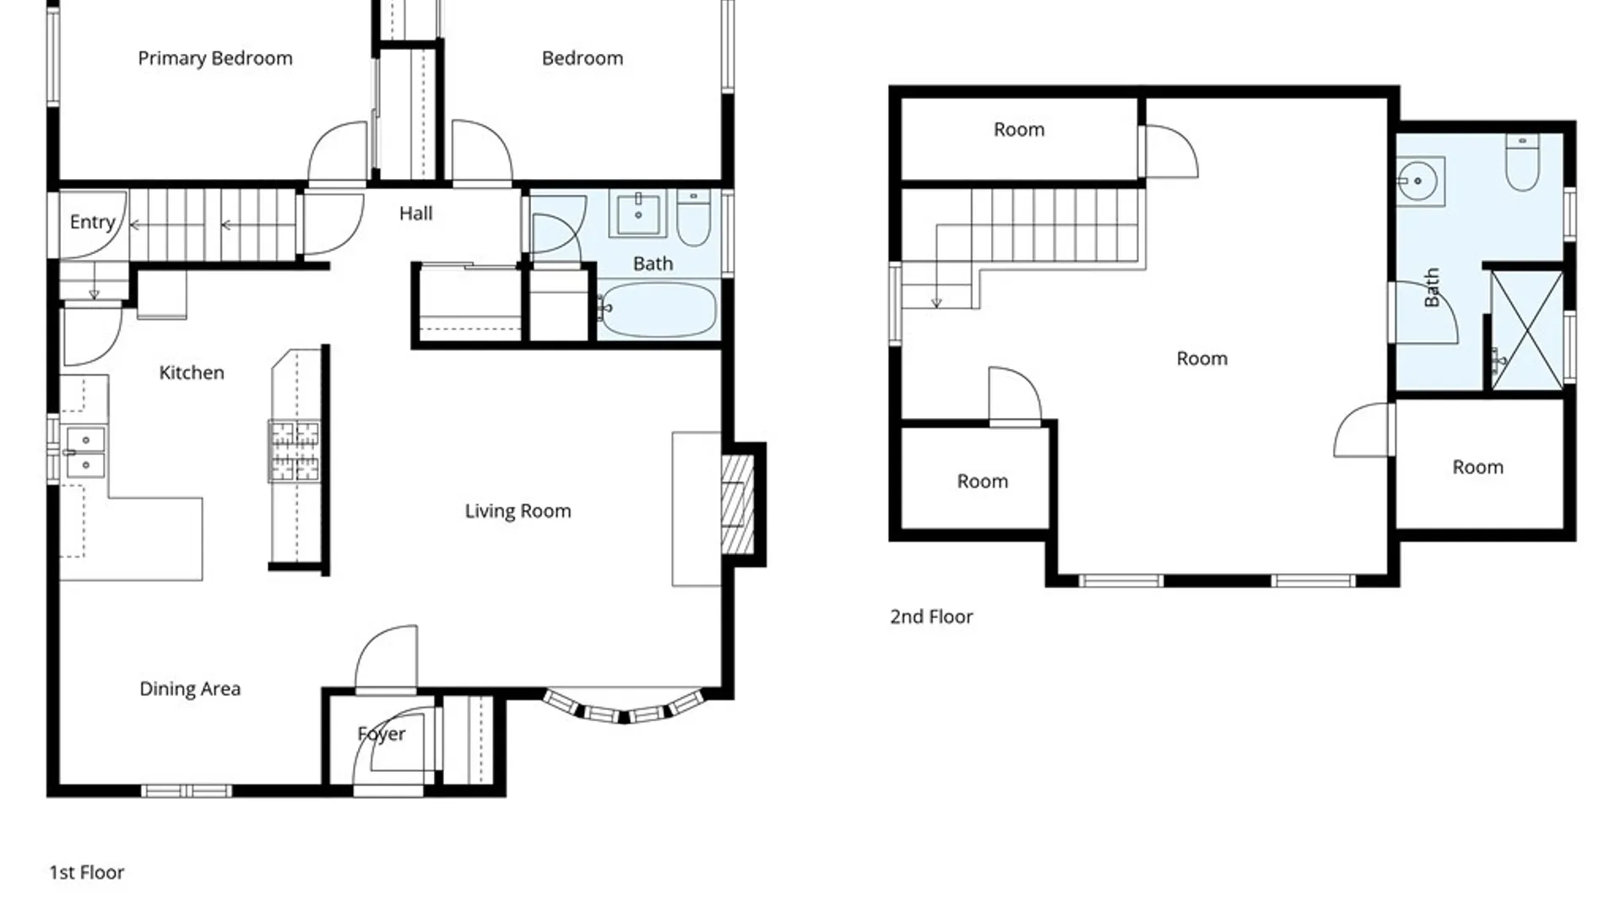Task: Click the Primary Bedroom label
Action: pyautogui.click(x=215, y=58)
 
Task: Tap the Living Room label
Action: pyautogui.click(x=518, y=511)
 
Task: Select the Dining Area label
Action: pyautogui.click(x=190, y=689)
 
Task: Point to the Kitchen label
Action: pyautogui.click(x=192, y=372)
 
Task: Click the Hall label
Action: pyautogui.click(x=415, y=214)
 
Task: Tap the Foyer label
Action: pyautogui.click(x=382, y=735)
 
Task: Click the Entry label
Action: pyautogui.click(x=92, y=222)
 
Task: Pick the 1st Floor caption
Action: pyautogui.click(x=86, y=872)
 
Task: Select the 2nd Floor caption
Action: pyautogui.click(x=931, y=616)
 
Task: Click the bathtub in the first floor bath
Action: pyautogui.click(x=659, y=309)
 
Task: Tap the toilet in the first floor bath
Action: pyautogui.click(x=693, y=219)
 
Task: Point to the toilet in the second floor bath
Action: pyautogui.click(x=1522, y=162)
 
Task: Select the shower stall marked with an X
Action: pyautogui.click(x=1527, y=330)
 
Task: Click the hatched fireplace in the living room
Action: pyautogui.click(x=737, y=505)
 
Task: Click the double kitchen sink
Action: pyautogui.click(x=85, y=453)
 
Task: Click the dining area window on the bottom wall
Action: pyautogui.click(x=187, y=791)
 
